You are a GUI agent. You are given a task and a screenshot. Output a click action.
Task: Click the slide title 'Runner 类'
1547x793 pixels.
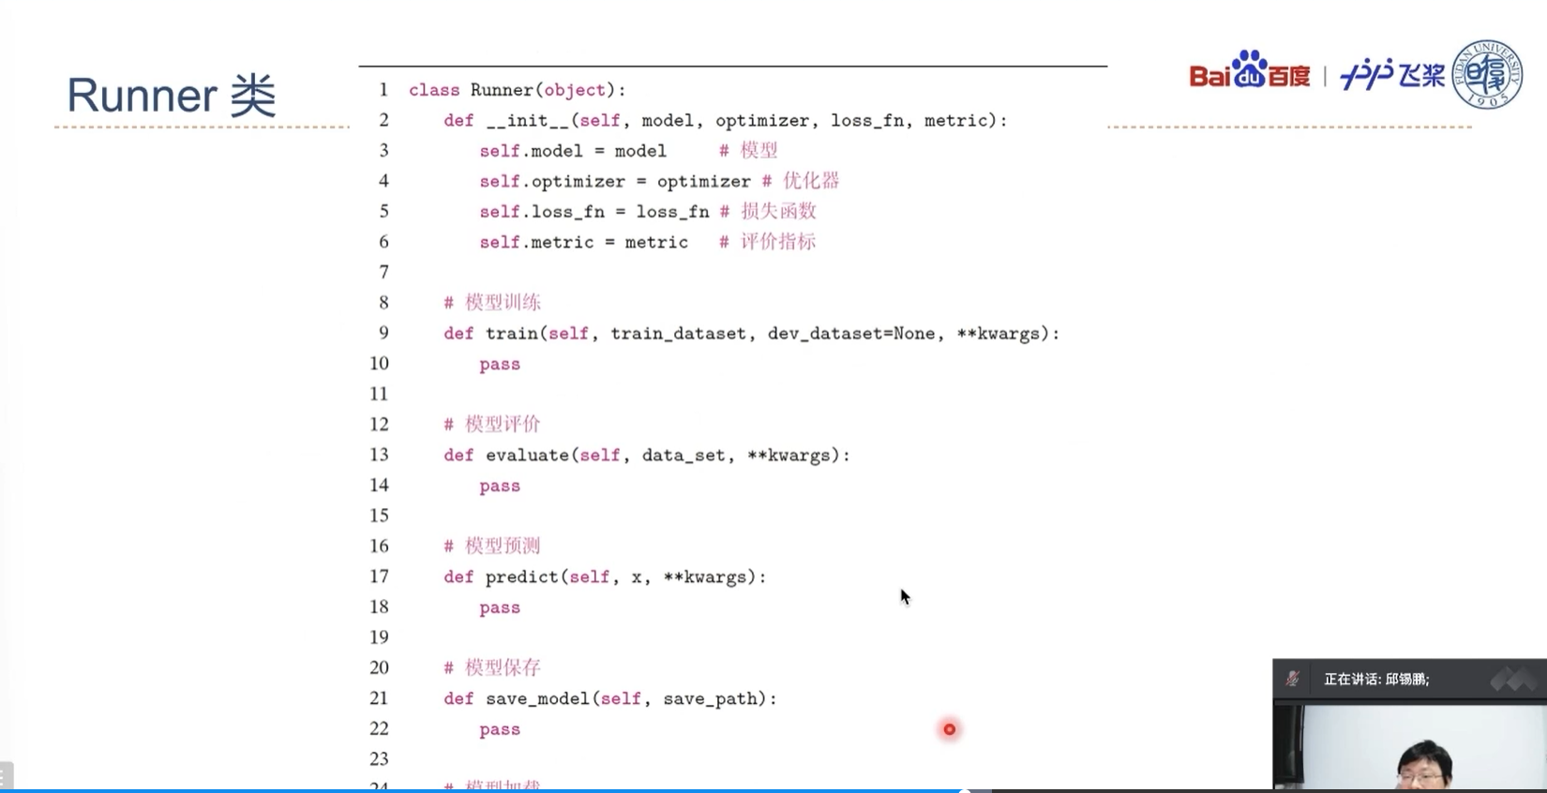point(172,96)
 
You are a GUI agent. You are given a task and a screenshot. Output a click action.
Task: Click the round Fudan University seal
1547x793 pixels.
point(1487,74)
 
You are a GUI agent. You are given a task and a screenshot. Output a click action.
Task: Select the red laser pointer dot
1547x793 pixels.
point(950,729)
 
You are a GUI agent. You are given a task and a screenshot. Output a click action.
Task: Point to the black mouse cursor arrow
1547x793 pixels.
point(905,597)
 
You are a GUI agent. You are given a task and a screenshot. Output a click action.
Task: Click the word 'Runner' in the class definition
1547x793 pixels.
point(502,90)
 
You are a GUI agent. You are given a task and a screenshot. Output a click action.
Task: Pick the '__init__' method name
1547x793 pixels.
point(528,121)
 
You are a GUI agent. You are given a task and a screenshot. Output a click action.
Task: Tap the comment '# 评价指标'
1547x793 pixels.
point(768,242)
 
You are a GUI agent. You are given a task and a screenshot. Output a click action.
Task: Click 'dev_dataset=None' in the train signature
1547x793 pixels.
point(851,334)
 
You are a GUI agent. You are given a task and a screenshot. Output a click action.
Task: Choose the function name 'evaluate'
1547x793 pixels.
point(527,456)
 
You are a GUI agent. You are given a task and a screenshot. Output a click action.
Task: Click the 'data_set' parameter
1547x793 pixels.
point(683,456)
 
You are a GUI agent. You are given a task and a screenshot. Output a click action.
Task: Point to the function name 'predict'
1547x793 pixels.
point(521,577)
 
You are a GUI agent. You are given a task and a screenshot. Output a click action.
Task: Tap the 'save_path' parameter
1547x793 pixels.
point(710,699)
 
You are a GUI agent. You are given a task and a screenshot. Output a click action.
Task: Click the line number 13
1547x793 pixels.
point(379,455)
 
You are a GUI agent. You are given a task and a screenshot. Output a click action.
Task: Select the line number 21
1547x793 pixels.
point(379,698)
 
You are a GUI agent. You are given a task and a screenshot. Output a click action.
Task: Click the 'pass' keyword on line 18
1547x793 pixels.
point(500,608)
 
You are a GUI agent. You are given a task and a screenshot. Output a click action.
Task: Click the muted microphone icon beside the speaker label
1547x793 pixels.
point(1293,679)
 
